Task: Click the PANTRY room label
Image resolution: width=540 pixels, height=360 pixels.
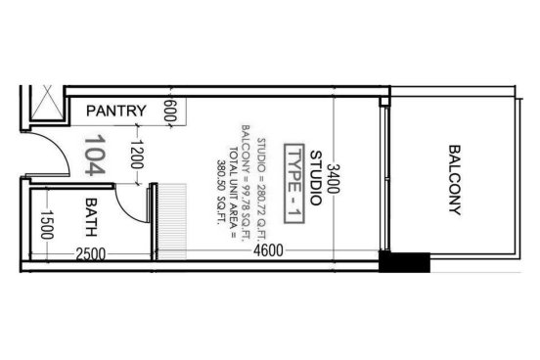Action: pyautogui.click(x=116, y=111)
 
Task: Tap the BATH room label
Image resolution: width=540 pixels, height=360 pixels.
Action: pyautogui.click(x=91, y=217)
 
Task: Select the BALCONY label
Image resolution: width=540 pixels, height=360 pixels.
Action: pyautogui.click(x=455, y=180)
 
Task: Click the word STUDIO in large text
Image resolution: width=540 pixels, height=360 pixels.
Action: pyautogui.click(x=316, y=178)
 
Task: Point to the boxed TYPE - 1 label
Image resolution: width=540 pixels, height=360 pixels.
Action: pyautogui.click(x=294, y=184)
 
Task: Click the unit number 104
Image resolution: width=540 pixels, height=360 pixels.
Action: pyautogui.click(x=95, y=155)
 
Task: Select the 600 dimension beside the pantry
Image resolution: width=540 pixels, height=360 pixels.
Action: pyautogui.click(x=170, y=111)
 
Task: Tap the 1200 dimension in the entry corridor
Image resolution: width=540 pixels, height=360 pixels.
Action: pyautogui.click(x=137, y=154)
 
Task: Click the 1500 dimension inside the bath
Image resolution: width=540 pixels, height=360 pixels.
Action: pyautogui.click(x=47, y=225)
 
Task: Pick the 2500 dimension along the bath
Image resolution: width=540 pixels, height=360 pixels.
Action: pyautogui.click(x=91, y=254)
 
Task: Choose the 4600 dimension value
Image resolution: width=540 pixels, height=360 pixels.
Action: pyautogui.click(x=268, y=250)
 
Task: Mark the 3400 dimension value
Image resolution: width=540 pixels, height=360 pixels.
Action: pyautogui.click(x=333, y=178)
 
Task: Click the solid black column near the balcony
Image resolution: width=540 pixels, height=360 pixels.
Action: pyautogui.click(x=405, y=262)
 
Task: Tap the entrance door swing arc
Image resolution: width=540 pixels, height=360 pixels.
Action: pyautogui.click(x=61, y=147)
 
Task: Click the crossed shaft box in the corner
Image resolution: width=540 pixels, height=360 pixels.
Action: pyautogui.click(x=47, y=102)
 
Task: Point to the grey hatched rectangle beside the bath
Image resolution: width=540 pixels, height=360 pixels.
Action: pyautogui.click(x=172, y=221)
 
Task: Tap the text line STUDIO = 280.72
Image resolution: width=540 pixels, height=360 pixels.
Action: pyautogui.click(x=262, y=187)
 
